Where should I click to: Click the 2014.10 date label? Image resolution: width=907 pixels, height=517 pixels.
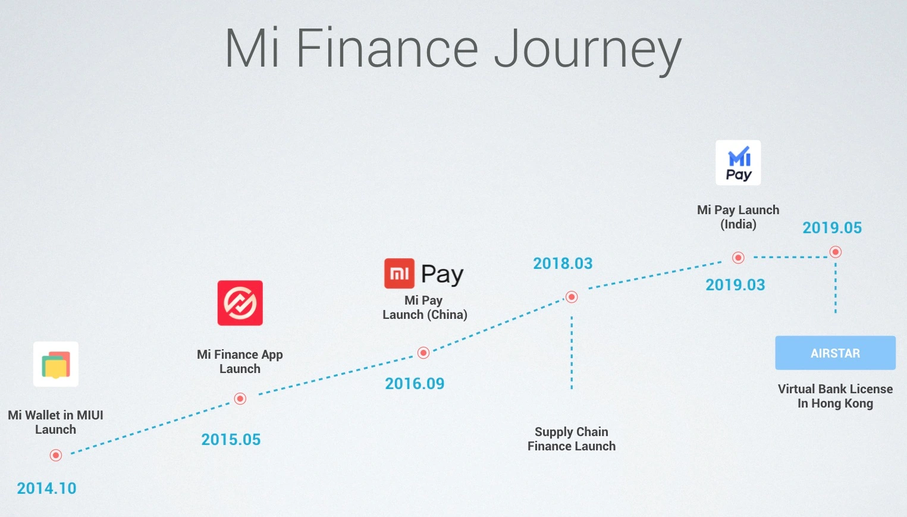click(46, 488)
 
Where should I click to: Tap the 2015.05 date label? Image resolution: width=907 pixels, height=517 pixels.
click(231, 440)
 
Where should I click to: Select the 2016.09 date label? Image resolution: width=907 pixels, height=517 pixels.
click(415, 384)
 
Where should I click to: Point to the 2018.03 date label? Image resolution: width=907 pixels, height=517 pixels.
click(563, 264)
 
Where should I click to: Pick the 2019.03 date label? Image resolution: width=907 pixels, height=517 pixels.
click(735, 285)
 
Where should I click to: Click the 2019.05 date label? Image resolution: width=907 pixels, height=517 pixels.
click(832, 228)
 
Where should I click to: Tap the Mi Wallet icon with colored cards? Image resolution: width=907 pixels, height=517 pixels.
click(56, 364)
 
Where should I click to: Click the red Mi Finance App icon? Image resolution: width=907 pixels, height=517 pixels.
click(240, 303)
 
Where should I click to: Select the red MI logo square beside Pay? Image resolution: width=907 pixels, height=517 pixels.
click(399, 274)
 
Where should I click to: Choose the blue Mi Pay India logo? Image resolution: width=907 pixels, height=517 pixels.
click(738, 162)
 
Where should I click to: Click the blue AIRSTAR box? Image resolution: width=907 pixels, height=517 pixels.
click(835, 353)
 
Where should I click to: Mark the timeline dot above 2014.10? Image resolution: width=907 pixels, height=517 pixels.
click(56, 455)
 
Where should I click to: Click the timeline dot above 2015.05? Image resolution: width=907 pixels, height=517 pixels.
click(240, 399)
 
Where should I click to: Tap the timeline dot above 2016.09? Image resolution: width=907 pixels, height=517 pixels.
click(423, 352)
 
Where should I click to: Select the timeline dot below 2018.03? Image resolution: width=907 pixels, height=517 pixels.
click(572, 297)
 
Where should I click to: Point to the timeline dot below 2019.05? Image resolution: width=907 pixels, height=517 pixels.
click(835, 252)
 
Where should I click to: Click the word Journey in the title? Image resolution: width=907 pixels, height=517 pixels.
click(588, 50)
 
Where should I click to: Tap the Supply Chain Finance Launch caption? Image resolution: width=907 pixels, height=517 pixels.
click(572, 439)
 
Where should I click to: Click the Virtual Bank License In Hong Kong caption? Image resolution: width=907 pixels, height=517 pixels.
click(835, 396)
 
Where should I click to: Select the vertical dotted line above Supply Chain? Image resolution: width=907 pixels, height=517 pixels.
click(572, 352)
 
